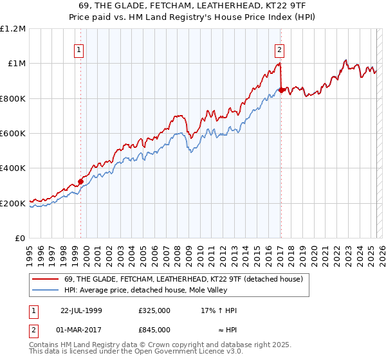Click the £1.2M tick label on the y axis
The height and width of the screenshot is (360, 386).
(x=13, y=28)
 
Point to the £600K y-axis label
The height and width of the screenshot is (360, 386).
(x=13, y=134)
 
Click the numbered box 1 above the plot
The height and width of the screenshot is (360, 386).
(x=78, y=50)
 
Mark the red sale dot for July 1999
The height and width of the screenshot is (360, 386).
(x=81, y=181)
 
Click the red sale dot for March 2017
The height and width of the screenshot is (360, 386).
(x=281, y=90)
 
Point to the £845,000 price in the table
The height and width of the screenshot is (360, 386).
(x=154, y=329)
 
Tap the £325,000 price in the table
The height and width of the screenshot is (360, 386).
(x=154, y=310)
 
